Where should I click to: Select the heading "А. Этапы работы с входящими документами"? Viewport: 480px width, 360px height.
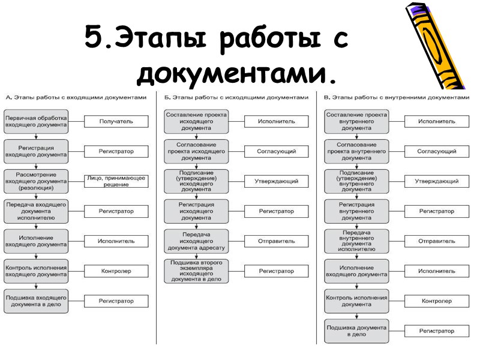pyautogui.click(x=76, y=97)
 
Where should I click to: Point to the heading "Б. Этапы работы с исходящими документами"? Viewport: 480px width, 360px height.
pyautogui.click(x=236, y=97)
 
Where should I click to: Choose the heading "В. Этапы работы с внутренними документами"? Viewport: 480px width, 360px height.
pyautogui.click(x=397, y=97)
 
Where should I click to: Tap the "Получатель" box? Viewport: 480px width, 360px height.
pyautogui.click(x=116, y=121)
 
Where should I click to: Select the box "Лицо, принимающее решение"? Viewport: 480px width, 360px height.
pyautogui.click(x=116, y=181)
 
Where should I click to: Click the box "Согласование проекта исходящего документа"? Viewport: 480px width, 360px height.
pyautogui.click(x=196, y=151)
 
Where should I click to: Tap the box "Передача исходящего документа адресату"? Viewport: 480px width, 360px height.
pyautogui.click(x=196, y=241)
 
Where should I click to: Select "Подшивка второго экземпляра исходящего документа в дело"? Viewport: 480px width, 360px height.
pyautogui.click(x=196, y=271)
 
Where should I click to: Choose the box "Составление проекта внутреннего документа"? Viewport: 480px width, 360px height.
pyautogui.click(x=356, y=121)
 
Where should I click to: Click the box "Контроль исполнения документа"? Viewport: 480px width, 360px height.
pyautogui.click(x=356, y=301)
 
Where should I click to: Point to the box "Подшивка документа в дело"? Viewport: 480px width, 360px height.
pyautogui.click(x=356, y=331)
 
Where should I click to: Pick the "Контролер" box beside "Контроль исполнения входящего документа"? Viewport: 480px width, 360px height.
pyautogui.click(x=116, y=271)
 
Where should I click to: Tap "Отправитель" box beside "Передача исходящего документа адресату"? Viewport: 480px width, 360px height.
pyautogui.click(x=277, y=241)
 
